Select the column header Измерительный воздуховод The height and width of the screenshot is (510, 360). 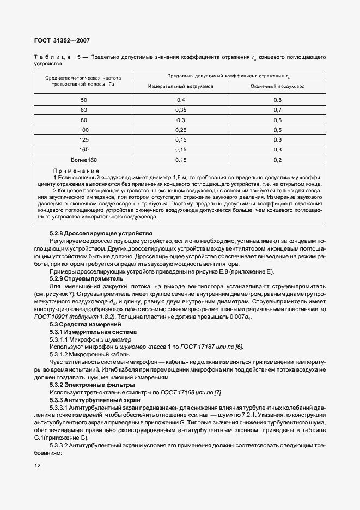(x=181, y=86)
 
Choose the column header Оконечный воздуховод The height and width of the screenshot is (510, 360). (x=277, y=86)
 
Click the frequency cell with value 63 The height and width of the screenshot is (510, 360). (x=83, y=110)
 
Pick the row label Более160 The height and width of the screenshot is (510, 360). (x=83, y=160)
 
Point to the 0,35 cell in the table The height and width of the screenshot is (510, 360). (x=181, y=110)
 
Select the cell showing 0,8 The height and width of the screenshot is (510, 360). (x=277, y=100)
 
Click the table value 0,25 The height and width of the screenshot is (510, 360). (x=181, y=130)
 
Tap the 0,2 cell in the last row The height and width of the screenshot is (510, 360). (x=277, y=160)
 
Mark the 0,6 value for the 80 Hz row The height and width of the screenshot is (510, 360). (x=277, y=120)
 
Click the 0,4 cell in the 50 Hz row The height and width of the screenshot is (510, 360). (x=181, y=100)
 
